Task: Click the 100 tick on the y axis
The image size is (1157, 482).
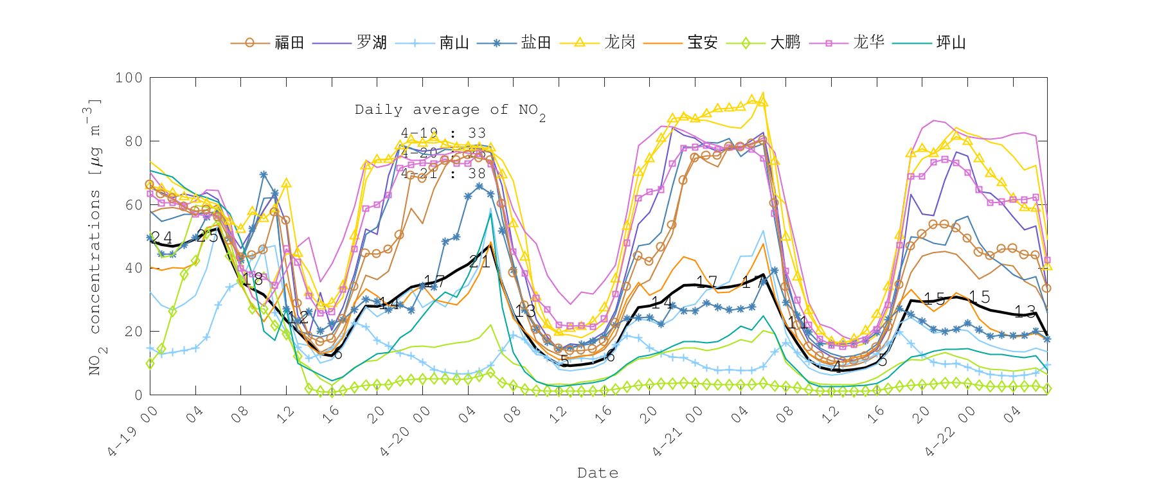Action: tap(129, 78)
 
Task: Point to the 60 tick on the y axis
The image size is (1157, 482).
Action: tap(133, 204)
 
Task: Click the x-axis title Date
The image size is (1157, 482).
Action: tap(598, 473)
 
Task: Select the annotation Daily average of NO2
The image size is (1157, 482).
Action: tap(450, 111)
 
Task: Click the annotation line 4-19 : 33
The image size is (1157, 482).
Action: tap(443, 133)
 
